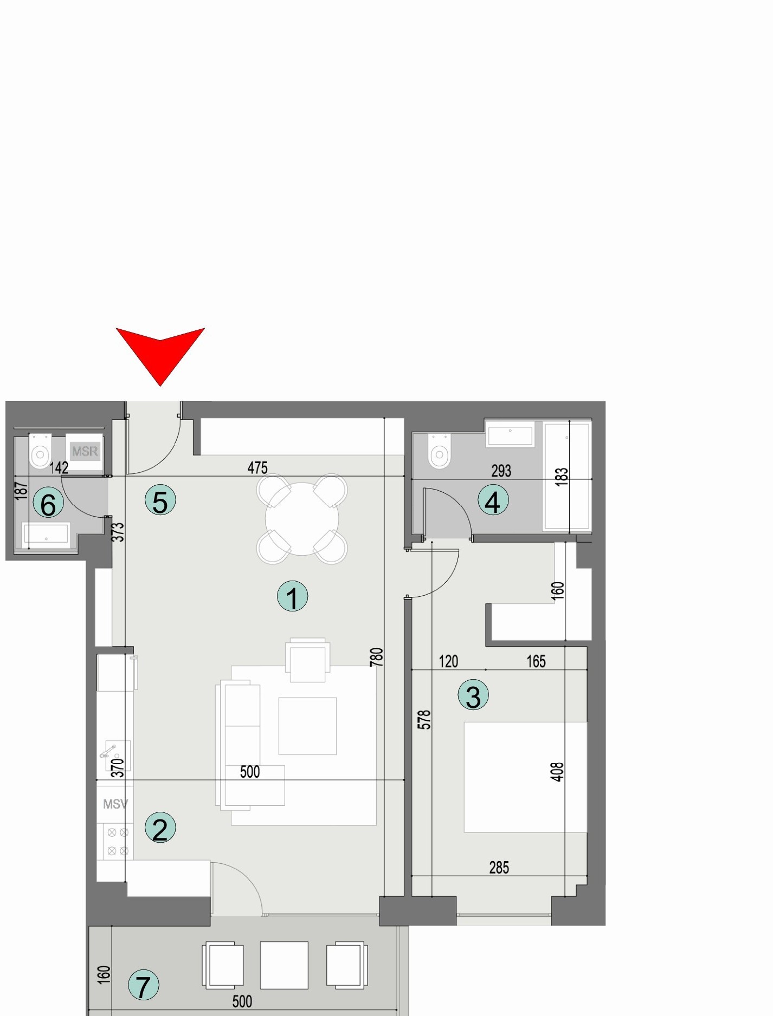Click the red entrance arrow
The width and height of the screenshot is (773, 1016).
(x=160, y=353)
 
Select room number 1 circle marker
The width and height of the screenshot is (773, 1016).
(x=292, y=597)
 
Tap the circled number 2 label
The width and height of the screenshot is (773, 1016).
(x=160, y=828)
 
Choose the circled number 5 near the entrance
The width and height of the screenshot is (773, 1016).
(x=160, y=500)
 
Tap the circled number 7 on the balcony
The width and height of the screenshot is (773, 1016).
(x=144, y=986)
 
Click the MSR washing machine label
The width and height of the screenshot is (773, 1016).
(x=85, y=451)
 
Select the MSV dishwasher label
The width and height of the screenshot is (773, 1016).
(x=115, y=804)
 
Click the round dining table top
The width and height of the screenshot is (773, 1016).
(x=302, y=518)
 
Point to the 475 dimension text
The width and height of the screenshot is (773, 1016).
(x=257, y=467)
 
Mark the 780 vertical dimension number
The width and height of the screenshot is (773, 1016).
(x=376, y=657)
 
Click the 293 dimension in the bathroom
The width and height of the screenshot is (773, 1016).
(x=501, y=471)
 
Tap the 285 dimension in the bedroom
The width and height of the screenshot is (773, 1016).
(x=499, y=868)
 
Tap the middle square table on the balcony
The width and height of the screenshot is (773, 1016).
(x=284, y=965)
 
